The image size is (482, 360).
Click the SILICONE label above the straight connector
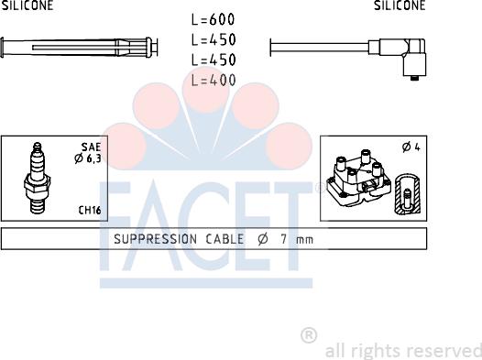coord(27,5)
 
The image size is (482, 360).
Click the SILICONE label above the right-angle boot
coord(400,5)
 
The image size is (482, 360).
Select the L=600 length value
coord(214,19)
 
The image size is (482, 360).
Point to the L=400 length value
coord(214,80)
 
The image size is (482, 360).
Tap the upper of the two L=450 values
coord(214,39)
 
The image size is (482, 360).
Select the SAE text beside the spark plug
coord(91,147)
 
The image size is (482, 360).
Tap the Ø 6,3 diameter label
coord(88,160)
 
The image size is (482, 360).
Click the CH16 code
coord(90,211)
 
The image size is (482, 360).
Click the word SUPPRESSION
coord(152,239)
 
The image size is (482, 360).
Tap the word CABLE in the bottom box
coord(224,239)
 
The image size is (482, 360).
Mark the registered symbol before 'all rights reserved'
coord(309,335)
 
